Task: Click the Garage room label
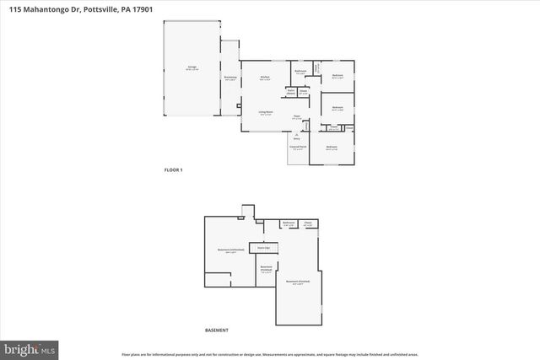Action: point(191,67)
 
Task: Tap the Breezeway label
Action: point(229,78)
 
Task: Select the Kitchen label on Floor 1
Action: point(265,78)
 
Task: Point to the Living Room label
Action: point(265,113)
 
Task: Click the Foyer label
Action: point(296,117)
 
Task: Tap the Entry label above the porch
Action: point(296,137)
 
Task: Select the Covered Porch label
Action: point(298,148)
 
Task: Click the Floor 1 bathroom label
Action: point(300,72)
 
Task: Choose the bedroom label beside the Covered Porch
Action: point(332,148)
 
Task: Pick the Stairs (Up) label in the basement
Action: point(263,247)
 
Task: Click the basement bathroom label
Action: point(289,223)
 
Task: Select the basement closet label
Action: point(308,223)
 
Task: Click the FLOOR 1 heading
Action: point(173,170)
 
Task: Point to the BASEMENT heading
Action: point(217,330)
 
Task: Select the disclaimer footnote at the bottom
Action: point(269,355)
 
